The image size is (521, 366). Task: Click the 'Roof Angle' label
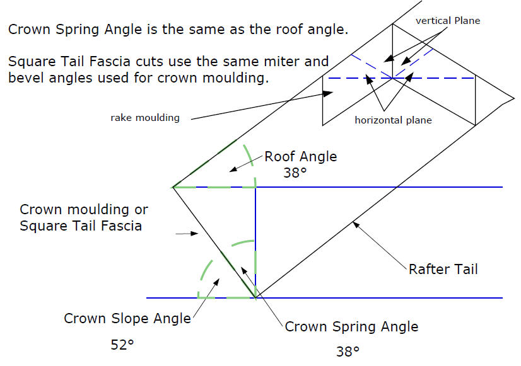tap(300, 157)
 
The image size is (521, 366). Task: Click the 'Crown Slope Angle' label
tap(127, 318)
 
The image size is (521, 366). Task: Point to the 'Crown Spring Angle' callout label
tap(351, 326)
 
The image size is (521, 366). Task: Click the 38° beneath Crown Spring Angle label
tap(347, 350)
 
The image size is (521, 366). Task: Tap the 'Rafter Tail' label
tap(443, 269)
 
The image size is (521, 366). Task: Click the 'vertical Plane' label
tap(448, 21)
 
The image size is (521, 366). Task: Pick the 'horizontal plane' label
tap(393, 120)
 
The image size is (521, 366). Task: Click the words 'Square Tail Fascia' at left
tap(81, 226)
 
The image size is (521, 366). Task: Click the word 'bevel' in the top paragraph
tap(26, 79)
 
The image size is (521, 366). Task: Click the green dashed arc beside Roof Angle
tap(251, 165)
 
